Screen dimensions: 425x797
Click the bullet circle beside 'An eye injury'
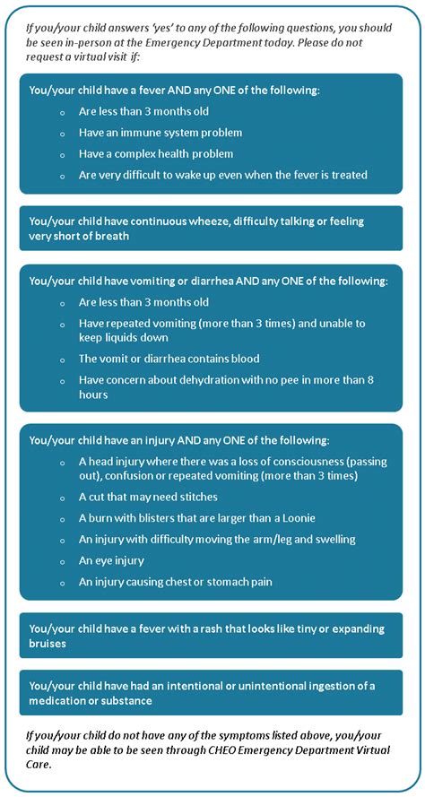[62, 561]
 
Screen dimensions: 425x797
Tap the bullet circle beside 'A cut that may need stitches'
[62, 497]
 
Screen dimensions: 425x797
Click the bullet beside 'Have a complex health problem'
[62, 154]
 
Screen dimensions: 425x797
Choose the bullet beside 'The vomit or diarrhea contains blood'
[62, 359]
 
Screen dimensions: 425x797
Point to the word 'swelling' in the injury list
[332, 539]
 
